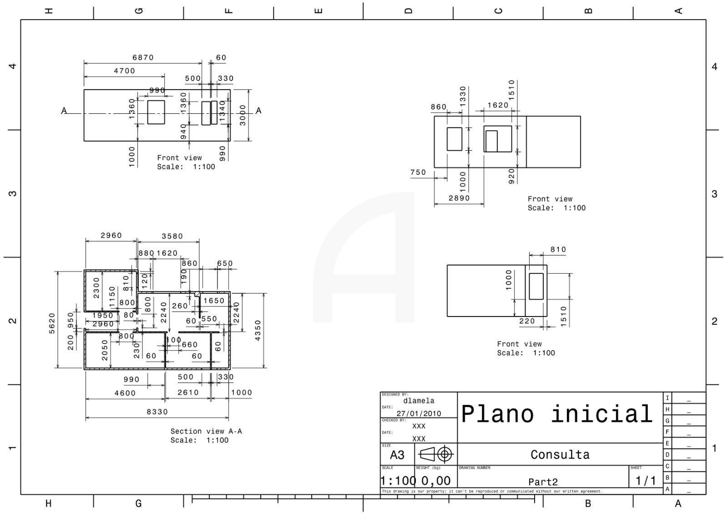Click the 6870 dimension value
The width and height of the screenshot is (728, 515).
click(x=143, y=58)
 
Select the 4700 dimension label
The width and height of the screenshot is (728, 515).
click(x=124, y=71)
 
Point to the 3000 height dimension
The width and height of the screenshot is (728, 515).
click(x=243, y=115)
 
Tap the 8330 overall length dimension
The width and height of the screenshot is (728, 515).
click(x=157, y=412)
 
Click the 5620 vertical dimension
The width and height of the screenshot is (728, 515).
click(x=52, y=323)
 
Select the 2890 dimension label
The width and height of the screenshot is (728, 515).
click(x=459, y=198)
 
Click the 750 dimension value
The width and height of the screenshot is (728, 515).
click(x=418, y=173)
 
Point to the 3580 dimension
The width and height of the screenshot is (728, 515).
click(x=172, y=236)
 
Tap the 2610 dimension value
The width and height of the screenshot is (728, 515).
click(x=188, y=393)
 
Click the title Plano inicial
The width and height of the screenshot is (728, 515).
click(x=557, y=414)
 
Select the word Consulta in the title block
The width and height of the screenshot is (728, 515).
click(x=560, y=454)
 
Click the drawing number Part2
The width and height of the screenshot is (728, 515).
click(x=543, y=482)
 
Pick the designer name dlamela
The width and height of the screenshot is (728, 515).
click(x=419, y=401)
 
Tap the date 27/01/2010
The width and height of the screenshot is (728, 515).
click(x=419, y=413)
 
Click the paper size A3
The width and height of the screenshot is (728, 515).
click(x=397, y=455)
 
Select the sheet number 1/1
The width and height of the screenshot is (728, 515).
click(x=646, y=481)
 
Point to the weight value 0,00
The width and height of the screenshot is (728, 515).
click(x=435, y=481)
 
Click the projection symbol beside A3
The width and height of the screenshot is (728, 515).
click(x=435, y=454)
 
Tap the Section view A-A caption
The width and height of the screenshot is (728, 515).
click(x=206, y=431)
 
